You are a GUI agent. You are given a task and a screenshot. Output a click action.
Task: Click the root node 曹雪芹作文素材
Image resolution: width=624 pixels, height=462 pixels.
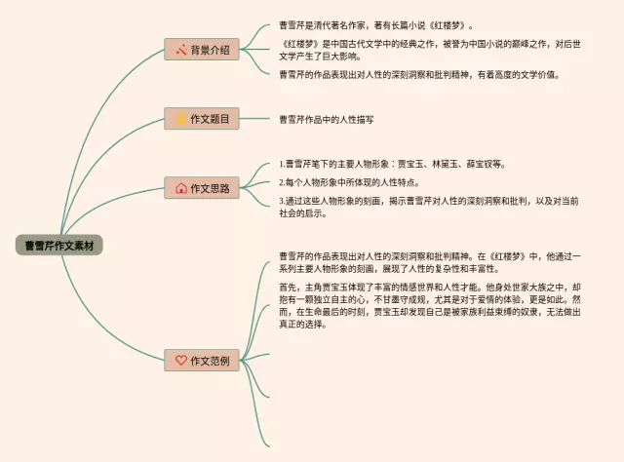point(58,245)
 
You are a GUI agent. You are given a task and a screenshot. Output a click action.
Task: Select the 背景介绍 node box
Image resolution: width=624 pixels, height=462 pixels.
point(202,50)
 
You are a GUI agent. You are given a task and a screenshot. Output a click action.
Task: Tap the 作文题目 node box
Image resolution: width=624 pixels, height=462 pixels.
point(202,119)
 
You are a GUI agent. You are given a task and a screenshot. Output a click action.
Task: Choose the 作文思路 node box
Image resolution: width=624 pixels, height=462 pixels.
point(202,188)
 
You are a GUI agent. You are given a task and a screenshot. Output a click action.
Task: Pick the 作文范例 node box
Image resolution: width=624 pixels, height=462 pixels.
point(202,360)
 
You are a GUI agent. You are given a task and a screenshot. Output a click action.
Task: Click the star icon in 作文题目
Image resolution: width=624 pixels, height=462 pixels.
point(180,119)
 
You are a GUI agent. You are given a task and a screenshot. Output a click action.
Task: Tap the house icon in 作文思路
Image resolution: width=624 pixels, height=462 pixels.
point(180,188)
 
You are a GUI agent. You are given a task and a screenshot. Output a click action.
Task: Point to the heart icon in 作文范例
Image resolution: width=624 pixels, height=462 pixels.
point(180,360)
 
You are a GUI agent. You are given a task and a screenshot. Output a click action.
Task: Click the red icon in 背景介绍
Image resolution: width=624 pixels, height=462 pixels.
point(180,50)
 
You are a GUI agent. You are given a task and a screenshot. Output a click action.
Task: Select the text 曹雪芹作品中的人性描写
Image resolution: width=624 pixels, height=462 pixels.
point(327,119)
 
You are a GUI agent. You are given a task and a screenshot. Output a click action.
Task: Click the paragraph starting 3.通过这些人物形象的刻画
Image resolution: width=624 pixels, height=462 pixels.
point(429,207)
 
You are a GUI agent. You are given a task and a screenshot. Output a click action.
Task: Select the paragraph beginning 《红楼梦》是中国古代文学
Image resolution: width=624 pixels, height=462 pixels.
point(429,50)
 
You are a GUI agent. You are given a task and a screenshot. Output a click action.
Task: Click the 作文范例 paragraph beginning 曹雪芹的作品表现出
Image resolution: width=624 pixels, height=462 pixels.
point(429,263)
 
